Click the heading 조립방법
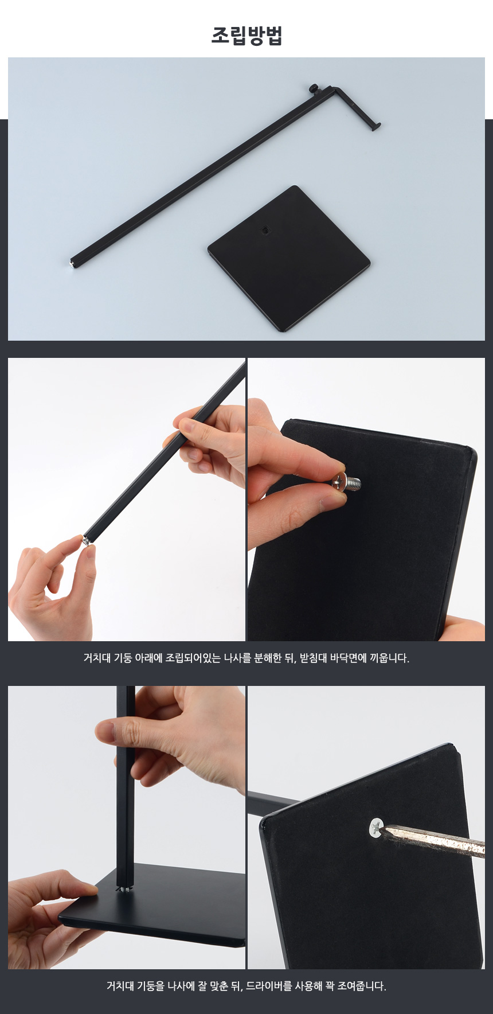246,36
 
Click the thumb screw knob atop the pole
315,88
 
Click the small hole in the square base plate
264,231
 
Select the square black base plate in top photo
289,258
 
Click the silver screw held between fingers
347,482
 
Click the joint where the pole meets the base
125,888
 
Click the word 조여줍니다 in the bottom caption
361,986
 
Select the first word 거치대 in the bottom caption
120,986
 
